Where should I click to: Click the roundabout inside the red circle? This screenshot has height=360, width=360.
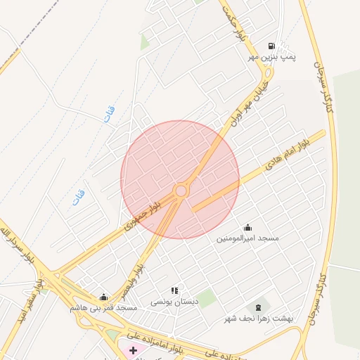click(x=181, y=191)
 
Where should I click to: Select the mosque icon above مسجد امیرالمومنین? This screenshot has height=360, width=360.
click(x=247, y=228)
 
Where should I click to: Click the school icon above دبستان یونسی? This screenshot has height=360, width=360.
click(x=174, y=290)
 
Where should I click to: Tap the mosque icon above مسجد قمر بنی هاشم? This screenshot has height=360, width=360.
click(x=104, y=297)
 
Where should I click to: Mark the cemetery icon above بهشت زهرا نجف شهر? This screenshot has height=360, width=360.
click(x=258, y=306)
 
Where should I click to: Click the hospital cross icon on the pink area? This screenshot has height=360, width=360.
click(x=133, y=349)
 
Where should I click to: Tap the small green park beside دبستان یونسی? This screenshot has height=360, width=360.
click(x=205, y=298)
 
